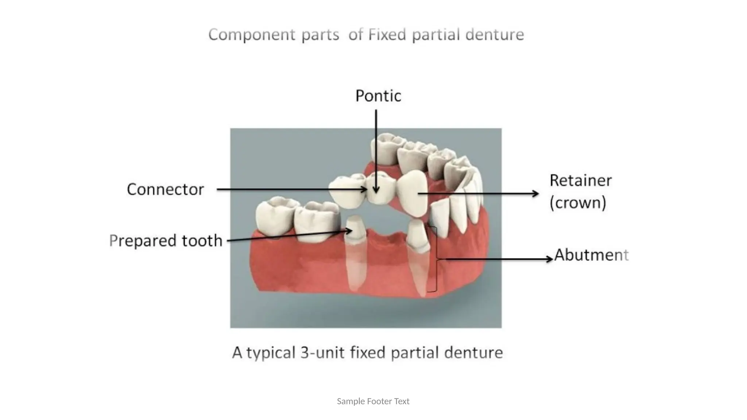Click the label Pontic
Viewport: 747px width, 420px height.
pyautogui.click(x=378, y=96)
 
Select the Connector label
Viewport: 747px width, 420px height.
pyautogui.click(x=165, y=189)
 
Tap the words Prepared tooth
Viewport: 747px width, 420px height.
pyautogui.click(x=166, y=241)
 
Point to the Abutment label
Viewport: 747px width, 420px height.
pyautogui.click(x=591, y=255)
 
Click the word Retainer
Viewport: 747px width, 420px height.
pyautogui.click(x=581, y=180)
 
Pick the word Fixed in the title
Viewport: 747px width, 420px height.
pyautogui.click(x=387, y=35)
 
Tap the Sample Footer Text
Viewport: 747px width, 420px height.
pyautogui.click(x=373, y=401)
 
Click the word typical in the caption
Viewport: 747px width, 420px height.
pyautogui.click(x=271, y=353)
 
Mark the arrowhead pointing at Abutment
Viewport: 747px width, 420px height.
pyautogui.click(x=549, y=259)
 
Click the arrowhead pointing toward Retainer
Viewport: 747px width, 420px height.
pyautogui.click(x=535, y=194)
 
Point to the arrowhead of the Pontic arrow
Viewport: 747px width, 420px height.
pyautogui.click(x=376, y=190)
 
